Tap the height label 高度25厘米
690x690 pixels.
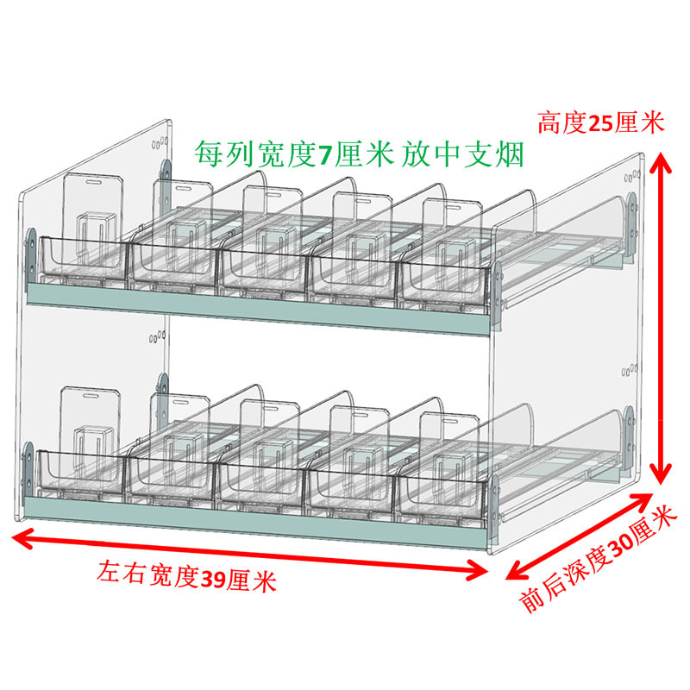(601, 122)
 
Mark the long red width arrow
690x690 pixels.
(250, 554)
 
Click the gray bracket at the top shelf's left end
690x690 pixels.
(32, 249)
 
